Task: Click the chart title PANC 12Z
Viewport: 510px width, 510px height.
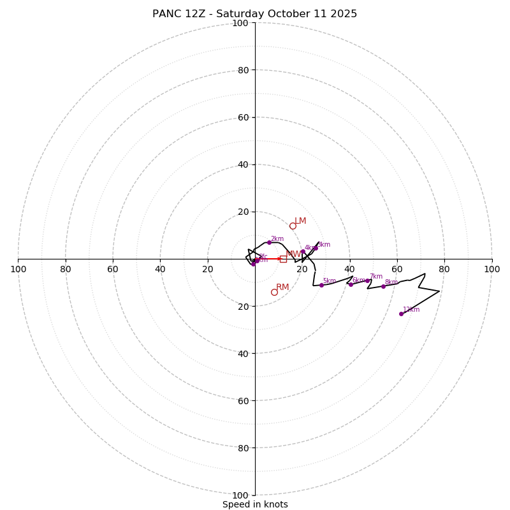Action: [x=254, y=14]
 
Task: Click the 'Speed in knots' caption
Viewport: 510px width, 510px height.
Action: [x=255, y=504]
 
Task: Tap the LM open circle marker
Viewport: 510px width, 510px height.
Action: [x=293, y=226]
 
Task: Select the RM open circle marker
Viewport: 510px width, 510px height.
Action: [x=274, y=292]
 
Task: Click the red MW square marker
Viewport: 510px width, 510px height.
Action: [x=283, y=259]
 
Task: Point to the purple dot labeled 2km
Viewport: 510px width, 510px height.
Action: [x=269, y=242]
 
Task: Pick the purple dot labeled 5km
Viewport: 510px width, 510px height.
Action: [x=321, y=285]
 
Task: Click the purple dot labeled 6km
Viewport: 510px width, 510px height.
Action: [x=351, y=284]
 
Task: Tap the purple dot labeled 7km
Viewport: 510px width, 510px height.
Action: [x=368, y=280]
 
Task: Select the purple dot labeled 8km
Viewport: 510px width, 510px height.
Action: [x=383, y=286]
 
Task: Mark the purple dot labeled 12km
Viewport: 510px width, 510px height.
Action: [x=401, y=314]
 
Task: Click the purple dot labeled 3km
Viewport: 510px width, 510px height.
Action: [x=315, y=248]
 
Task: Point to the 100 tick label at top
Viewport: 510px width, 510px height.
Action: [x=240, y=23]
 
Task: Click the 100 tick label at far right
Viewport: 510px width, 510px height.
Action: [x=492, y=269]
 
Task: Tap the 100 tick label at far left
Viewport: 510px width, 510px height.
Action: [x=18, y=269]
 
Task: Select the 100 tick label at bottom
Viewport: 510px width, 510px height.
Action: [x=240, y=495]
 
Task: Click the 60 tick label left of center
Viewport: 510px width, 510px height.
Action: [x=113, y=269]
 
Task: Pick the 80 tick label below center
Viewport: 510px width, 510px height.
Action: [x=243, y=448]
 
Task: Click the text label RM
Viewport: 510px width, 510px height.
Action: [x=282, y=288]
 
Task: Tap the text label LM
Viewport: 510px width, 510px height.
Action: [x=300, y=221]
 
